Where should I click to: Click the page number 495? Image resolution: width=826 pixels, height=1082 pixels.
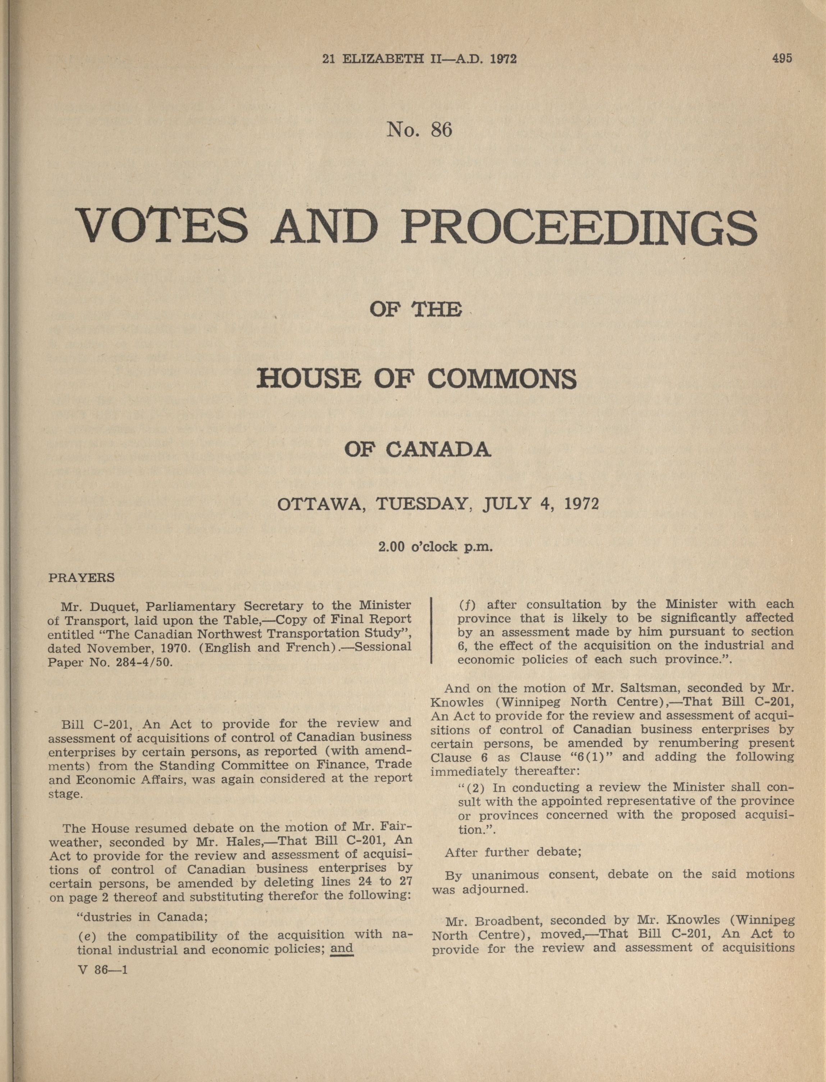click(x=782, y=59)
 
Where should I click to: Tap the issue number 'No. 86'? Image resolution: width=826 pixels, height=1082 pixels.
click(x=419, y=129)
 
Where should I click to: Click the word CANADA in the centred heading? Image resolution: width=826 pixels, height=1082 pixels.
click(x=438, y=450)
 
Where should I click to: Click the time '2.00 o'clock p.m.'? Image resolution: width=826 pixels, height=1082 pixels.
click(x=435, y=546)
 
